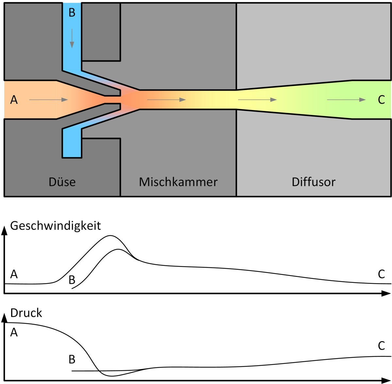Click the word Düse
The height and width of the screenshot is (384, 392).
point(62,182)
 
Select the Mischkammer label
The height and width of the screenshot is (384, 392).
point(178,182)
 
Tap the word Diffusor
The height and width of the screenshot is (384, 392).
point(314,182)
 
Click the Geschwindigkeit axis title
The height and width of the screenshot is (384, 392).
point(56,226)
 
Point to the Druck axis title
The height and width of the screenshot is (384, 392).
point(26,313)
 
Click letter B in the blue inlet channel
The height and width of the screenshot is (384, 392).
point(72,12)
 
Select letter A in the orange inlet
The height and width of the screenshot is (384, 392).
point(14,100)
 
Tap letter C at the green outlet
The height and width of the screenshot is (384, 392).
point(381,100)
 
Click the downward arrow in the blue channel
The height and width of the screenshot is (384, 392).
point(72,38)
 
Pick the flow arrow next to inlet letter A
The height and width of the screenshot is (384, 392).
point(49,100)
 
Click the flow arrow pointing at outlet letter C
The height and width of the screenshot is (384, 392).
point(346,100)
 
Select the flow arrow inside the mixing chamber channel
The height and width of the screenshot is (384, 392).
point(166,100)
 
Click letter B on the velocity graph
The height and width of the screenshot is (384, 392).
point(72,280)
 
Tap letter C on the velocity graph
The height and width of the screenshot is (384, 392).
point(381,274)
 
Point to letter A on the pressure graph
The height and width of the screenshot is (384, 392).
point(14,332)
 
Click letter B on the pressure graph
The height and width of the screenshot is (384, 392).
point(72,359)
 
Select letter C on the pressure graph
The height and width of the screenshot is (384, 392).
point(381,346)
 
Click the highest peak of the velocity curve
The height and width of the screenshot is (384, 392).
point(110,236)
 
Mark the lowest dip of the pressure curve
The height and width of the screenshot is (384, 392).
point(112,376)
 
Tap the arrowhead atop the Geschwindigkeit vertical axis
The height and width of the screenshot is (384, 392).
point(4,231)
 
